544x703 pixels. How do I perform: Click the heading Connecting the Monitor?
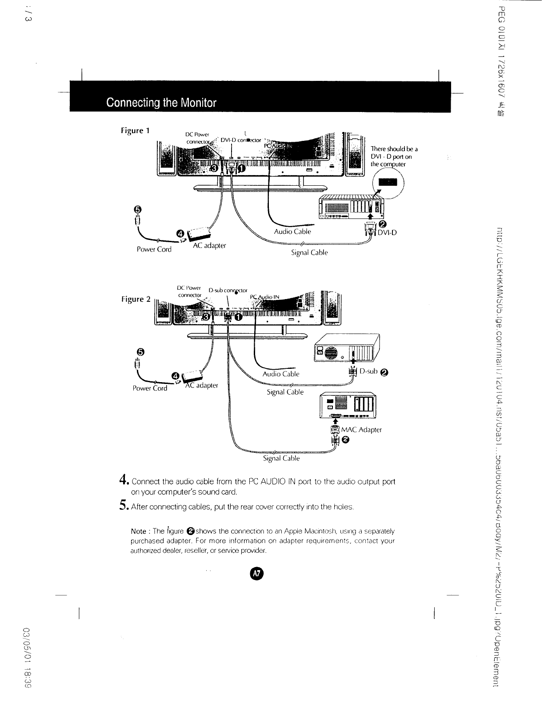[161, 103]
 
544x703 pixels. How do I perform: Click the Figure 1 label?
[135, 131]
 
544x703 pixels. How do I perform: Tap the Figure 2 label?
[136, 299]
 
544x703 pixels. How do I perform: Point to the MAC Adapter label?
[361, 430]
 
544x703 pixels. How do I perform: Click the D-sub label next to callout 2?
[368, 371]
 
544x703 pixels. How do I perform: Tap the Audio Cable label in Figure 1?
[292, 232]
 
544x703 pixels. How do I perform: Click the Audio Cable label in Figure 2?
[281, 374]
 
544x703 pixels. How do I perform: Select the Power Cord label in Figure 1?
[154, 249]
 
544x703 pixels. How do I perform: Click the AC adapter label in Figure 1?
[209, 246]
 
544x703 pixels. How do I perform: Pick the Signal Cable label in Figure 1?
[309, 253]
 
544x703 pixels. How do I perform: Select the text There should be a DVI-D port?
[394, 156]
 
